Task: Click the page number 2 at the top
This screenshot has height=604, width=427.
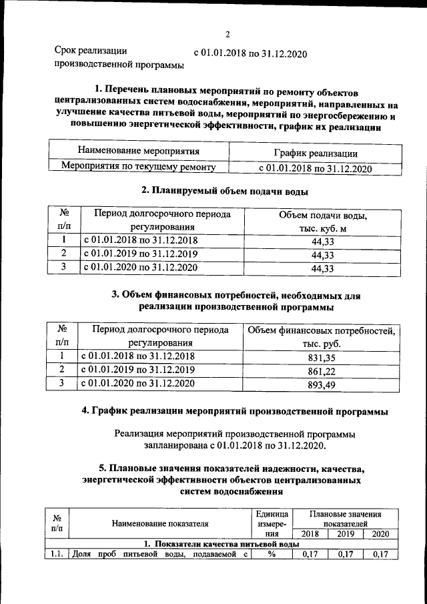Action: click(x=227, y=35)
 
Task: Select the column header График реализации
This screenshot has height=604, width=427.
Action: click(x=315, y=154)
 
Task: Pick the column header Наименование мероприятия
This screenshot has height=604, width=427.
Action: click(x=138, y=152)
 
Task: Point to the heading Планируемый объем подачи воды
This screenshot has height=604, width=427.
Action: click(x=225, y=191)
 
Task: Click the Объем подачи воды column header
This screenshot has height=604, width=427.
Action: click(x=322, y=224)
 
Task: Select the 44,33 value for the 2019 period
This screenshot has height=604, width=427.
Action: click(x=322, y=254)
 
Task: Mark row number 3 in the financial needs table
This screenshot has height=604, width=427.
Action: click(x=61, y=384)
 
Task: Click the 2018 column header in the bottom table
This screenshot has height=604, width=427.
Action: click(x=310, y=534)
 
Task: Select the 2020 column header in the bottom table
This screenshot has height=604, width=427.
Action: click(x=380, y=534)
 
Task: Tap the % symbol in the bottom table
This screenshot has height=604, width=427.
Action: click(x=272, y=554)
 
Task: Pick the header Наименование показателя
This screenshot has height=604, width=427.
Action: click(x=160, y=524)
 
